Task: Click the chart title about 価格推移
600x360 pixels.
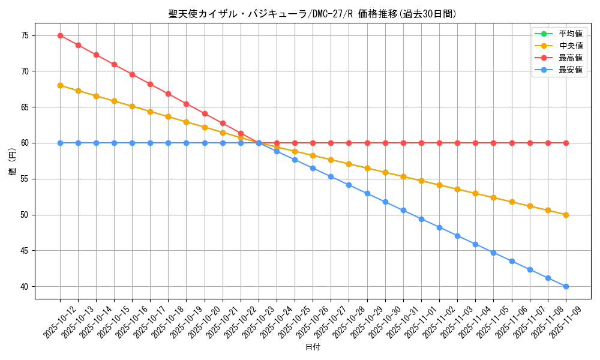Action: click(x=313, y=14)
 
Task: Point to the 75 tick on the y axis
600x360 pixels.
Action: click(x=25, y=35)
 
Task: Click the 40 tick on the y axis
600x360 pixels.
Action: click(x=25, y=287)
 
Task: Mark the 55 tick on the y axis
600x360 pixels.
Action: click(x=25, y=179)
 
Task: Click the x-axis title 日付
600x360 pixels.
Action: click(x=313, y=347)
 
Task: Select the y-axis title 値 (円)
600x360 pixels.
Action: click(x=13, y=161)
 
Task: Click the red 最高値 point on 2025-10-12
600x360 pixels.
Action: click(x=60, y=35)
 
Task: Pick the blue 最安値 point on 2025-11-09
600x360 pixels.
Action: click(x=566, y=287)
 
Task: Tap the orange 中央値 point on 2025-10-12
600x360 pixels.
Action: click(x=60, y=86)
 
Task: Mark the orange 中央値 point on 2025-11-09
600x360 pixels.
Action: click(x=566, y=215)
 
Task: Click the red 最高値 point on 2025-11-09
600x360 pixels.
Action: click(x=566, y=143)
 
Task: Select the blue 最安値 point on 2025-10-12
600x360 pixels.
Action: click(x=60, y=143)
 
